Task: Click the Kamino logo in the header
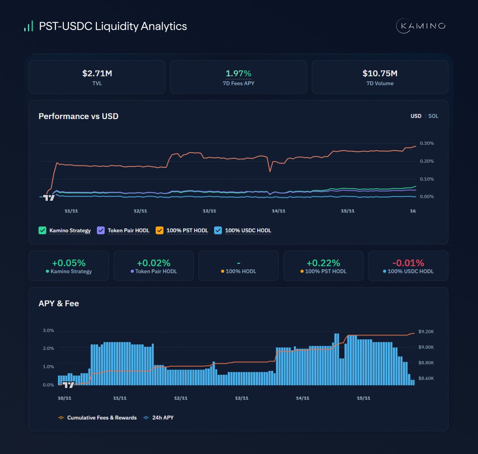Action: (x=421, y=26)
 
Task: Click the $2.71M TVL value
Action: (x=97, y=73)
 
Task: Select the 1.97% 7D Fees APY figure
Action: (x=238, y=73)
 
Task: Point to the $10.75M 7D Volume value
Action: (x=380, y=73)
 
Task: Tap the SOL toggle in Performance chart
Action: (x=433, y=116)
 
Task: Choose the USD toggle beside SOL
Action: (x=416, y=116)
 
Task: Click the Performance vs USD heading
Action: (x=78, y=116)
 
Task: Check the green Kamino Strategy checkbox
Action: (x=42, y=230)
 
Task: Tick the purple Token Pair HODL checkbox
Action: (x=101, y=230)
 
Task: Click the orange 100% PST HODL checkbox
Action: (x=159, y=230)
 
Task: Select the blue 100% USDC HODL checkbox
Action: (x=218, y=230)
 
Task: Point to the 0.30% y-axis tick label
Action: (x=427, y=143)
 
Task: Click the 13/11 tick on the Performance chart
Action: (x=209, y=211)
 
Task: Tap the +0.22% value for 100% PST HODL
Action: (x=323, y=263)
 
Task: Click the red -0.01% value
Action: (x=408, y=263)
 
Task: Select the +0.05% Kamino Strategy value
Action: (x=69, y=263)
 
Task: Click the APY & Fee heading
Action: (x=59, y=303)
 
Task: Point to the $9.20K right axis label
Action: (x=426, y=332)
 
